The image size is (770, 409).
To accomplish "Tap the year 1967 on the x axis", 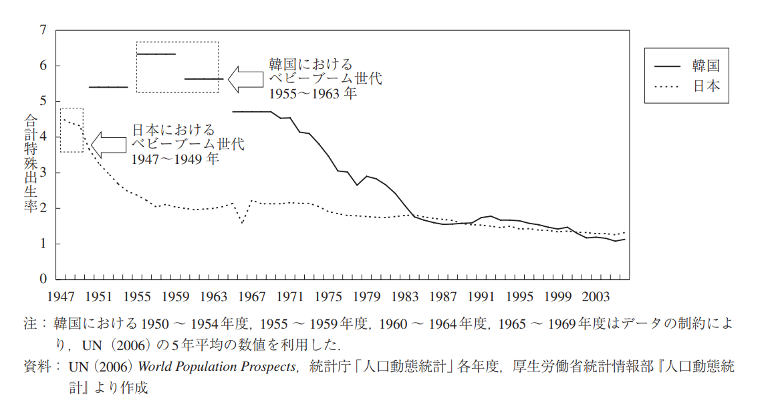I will [x=251, y=296].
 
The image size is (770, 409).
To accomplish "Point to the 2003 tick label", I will [x=596, y=296].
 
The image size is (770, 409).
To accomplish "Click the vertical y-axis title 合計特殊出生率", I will [x=31, y=163].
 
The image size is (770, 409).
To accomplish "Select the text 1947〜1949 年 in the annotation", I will [x=175, y=159].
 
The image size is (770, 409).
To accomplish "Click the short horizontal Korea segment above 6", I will [x=156, y=54].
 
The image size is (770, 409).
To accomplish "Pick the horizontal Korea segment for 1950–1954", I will [x=108, y=87].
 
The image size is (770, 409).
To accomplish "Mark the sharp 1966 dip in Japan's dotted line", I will [x=242, y=222].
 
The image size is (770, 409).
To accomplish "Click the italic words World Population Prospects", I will [x=217, y=366].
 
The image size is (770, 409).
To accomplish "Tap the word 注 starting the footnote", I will [x=29, y=325].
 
